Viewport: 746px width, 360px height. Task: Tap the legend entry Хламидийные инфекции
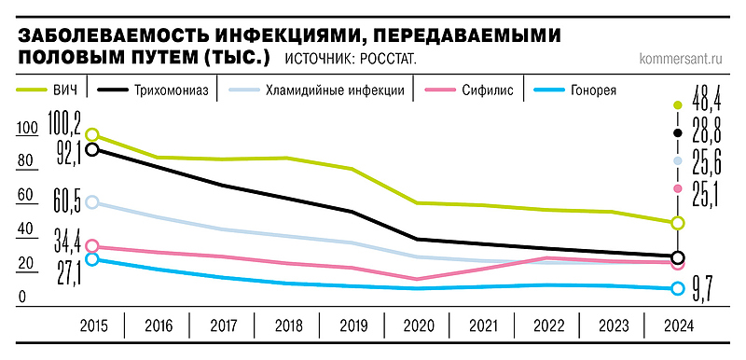[334, 90]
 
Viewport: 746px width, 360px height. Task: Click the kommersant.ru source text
[684, 58]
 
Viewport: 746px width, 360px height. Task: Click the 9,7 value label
[702, 291]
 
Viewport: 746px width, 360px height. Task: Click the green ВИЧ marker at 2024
[678, 223]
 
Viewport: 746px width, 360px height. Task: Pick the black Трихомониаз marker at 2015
[91, 149]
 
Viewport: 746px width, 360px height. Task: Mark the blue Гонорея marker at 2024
[678, 288]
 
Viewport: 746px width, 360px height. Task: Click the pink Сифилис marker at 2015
[91, 246]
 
